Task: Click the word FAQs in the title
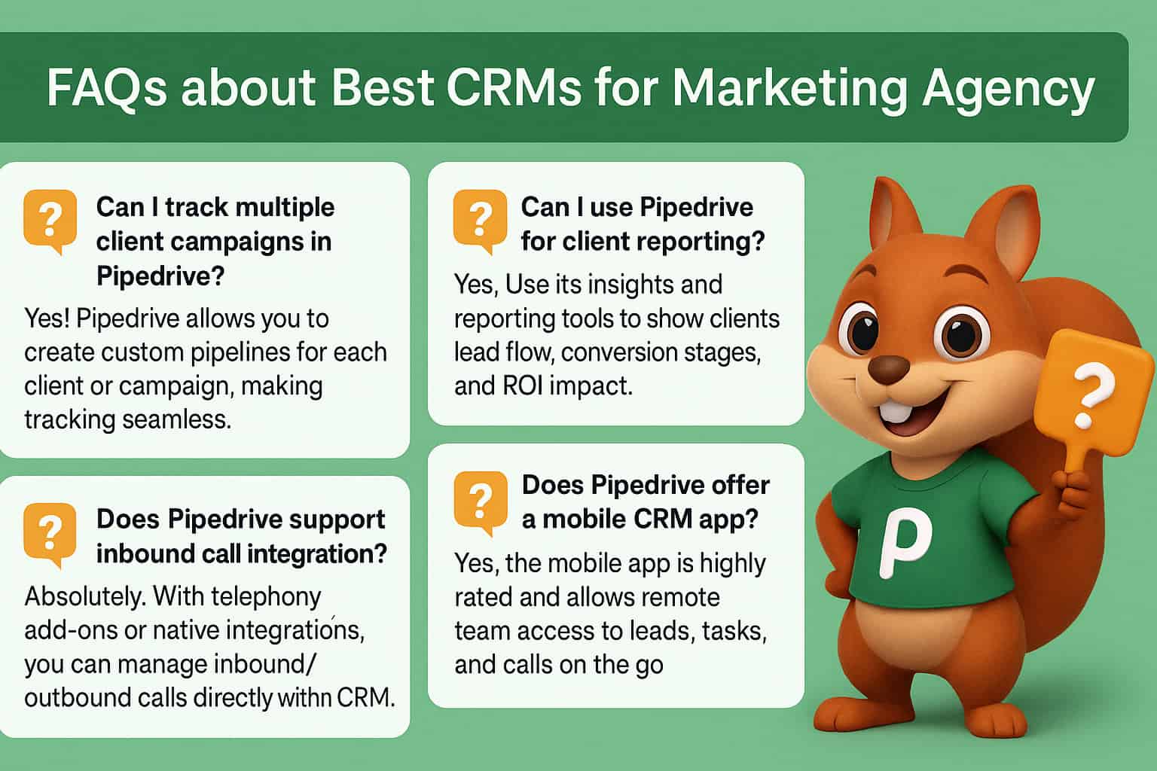coord(105,88)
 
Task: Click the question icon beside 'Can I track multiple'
coord(50,221)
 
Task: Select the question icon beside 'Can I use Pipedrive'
coord(480,219)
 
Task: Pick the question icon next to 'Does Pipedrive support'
coord(50,534)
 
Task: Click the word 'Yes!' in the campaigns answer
coord(47,318)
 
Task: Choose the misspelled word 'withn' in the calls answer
coord(304,697)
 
